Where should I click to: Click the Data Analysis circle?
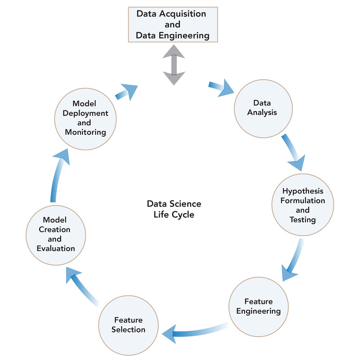(x=263, y=109)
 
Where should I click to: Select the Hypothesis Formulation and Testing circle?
(x=302, y=205)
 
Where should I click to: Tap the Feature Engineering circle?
(x=258, y=306)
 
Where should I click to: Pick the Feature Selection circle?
(x=128, y=325)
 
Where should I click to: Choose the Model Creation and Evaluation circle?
(x=56, y=235)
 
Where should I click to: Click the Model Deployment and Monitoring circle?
(x=85, y=119)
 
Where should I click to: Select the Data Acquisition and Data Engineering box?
(x=173, y=25)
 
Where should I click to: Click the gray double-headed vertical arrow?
(x=174, y=65)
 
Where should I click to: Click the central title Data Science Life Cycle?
(x=174, y=209)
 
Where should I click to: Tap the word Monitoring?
(x=85, y=132)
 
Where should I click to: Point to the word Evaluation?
(x=56, y=248)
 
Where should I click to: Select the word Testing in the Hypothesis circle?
(x=302, y=220)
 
